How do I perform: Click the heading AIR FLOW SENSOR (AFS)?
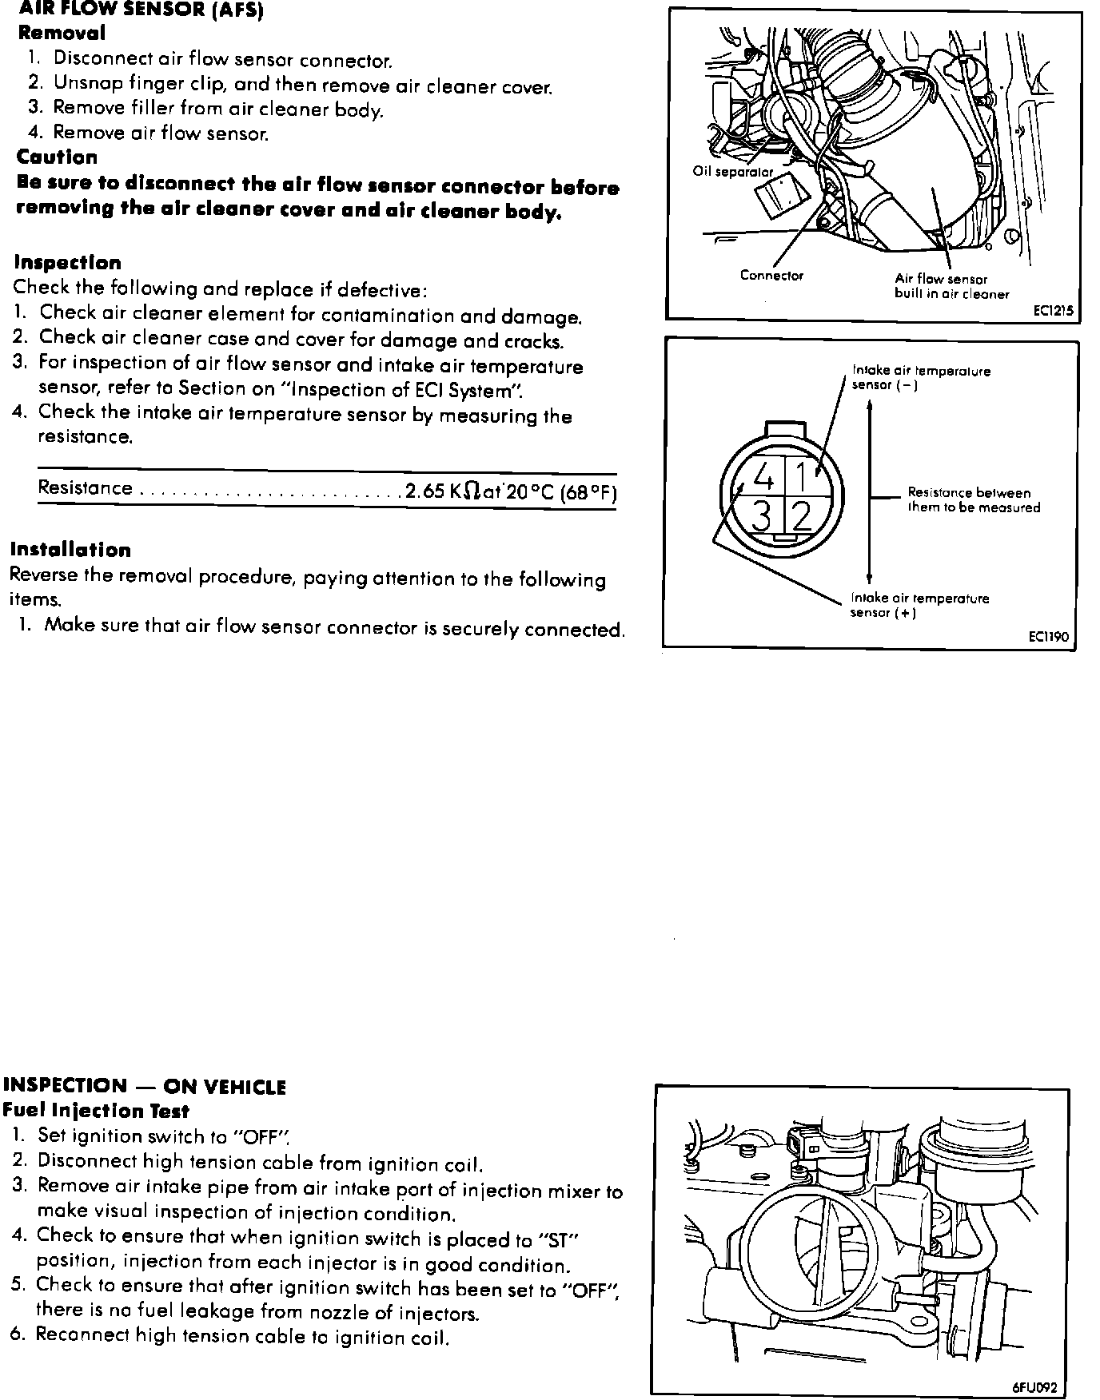pos(141,10)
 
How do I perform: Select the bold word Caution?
pos(57,157)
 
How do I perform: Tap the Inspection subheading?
pos(68,262)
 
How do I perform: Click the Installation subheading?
pos(70,550)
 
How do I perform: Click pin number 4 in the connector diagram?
pos(764,478)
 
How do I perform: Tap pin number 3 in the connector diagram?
pos(763,517)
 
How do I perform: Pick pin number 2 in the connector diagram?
pos(802,517)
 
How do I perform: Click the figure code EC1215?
pos(1052,312)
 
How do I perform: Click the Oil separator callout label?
pos(733,172)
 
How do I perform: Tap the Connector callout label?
pos(771,276)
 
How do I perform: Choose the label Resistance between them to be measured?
pos(974,500)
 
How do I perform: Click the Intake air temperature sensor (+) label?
pos(920,606)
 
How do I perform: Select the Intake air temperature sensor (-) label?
pos(921,378)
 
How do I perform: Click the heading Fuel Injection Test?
pos(96,1110)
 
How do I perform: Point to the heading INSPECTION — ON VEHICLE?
pos(145,1086)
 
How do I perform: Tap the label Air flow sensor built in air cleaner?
pos(951,287)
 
